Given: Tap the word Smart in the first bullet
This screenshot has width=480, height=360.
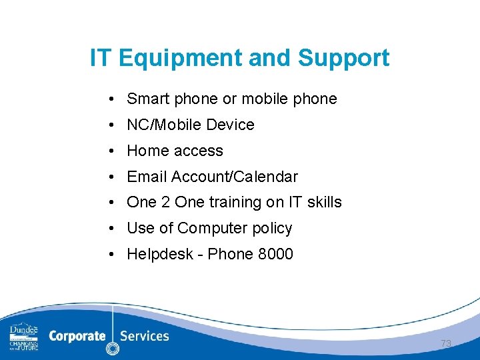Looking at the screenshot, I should [148, 99].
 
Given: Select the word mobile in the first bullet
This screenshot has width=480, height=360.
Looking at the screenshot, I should [265, 99].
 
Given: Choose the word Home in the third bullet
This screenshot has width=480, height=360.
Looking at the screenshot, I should [145, 151].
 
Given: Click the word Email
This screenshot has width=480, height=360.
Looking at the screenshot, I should [147, 177].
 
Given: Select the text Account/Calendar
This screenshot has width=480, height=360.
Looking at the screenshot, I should [235, 177].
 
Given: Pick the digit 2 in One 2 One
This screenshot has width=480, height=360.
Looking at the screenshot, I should [165, 202].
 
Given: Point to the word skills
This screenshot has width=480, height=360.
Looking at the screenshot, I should [323, 202].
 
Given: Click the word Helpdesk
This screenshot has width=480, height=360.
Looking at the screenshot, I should [157, 254].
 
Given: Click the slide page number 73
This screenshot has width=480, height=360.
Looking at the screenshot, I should [446, 343].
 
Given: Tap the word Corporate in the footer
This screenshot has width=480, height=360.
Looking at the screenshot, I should [77, 336].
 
